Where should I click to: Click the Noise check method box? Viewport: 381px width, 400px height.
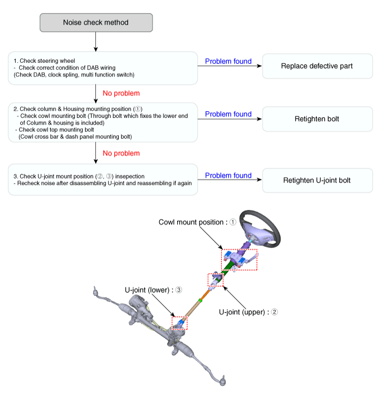[96, 22]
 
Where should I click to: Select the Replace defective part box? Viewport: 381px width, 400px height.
[317, 66]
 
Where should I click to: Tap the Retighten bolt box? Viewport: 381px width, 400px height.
[317, 119]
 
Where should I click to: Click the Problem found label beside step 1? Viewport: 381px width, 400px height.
[228, 62]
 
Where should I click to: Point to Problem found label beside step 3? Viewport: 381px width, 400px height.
[228, 175]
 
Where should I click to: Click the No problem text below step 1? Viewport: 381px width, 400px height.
[121, 93]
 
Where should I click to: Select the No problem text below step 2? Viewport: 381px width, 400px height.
[121, 153]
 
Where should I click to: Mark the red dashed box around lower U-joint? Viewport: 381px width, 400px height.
[179, 323]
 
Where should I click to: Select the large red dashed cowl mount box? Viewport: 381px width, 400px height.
[239, 259]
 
